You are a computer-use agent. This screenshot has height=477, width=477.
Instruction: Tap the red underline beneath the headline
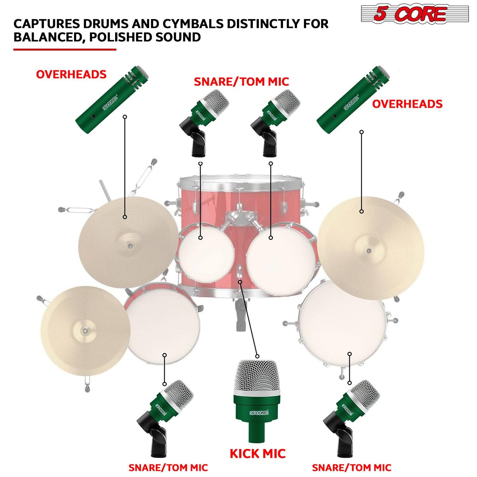click(x=65, y=49)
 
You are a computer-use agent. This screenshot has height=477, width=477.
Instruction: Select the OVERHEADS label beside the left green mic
click(x=71, y=74)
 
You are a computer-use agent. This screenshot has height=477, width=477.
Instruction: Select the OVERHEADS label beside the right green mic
click(x=407, y=104)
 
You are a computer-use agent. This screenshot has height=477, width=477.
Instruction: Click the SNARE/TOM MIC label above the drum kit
click(x=241, y=82)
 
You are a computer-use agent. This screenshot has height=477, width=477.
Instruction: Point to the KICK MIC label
click(x=258, y=453)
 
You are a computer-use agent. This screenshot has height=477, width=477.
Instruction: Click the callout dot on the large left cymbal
click(x=125, y=217)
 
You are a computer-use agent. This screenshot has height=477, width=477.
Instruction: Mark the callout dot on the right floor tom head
click(x=349, y=354)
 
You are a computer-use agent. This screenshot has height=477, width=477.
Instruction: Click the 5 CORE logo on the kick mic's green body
click(x=259, y=413)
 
